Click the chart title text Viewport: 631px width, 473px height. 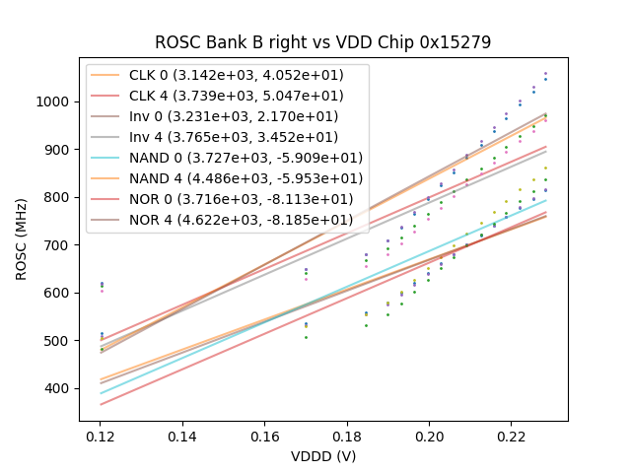tap(322, 43)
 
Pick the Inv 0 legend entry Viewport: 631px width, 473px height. tap(228, 116)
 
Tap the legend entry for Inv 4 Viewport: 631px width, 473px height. tap(228, 137)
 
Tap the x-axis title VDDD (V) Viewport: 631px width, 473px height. tap(322, 456)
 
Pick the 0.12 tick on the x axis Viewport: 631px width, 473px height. tap(100, 435)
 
